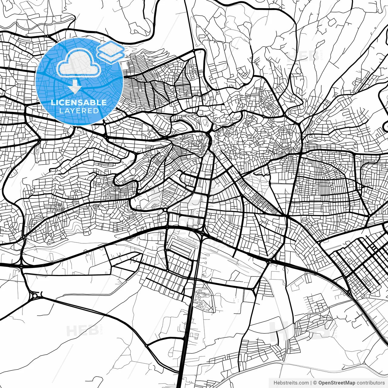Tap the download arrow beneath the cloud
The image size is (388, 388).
[x=74, y=87]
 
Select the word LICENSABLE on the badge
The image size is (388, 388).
[x=79, y=102]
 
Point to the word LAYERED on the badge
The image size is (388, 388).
[x=79, y=111]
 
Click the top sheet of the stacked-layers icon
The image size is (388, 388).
[x=111, y=48]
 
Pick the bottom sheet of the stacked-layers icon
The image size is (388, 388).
[x=111, y=56]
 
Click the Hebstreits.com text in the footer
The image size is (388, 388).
[x=291, y=383]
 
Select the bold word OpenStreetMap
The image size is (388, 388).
[x=337, y=383]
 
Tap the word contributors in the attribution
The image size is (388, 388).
[x=370, y=383]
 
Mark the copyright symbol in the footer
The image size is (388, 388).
[x=315, y=383]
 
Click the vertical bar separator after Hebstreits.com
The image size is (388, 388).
[x=311, y=383]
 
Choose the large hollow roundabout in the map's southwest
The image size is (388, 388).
[x=35, y=295]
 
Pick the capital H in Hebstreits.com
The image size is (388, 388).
[x=275, y=383]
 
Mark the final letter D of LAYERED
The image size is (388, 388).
[x=96, y=111]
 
